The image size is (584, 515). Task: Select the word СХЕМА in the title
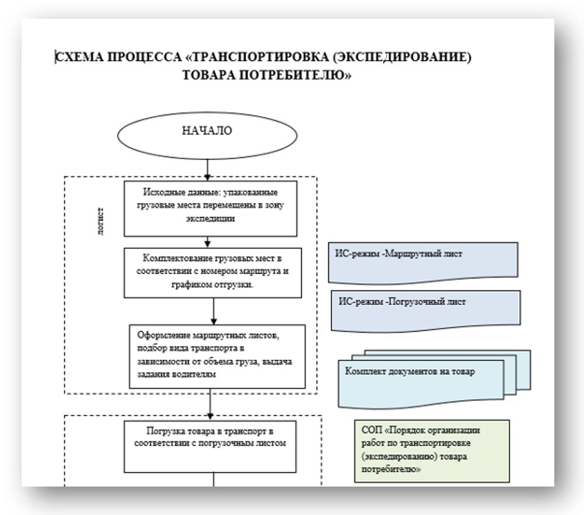pyautogui.click(x=78, y=57)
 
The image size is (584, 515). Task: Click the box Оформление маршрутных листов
pyautogui.click(x=217, y=356)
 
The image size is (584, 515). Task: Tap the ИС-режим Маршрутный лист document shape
pyautogui.click(x=423, y=260)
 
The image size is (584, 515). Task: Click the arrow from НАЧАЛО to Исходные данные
pyautogui.click(x=208, y=169)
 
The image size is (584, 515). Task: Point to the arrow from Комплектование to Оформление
pyautogui.click(x=214, y=311)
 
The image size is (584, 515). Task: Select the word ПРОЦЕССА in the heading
pyautogui.click(x=134, y=57)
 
